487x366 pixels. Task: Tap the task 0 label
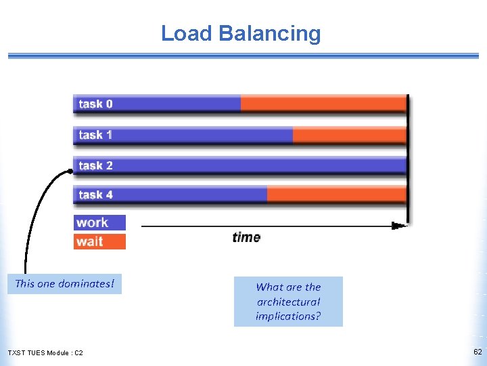tap(95, 104)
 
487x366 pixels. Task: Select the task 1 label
tap(95, 135)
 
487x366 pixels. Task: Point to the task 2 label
tap(95, 165)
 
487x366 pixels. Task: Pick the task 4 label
tap(95, 195)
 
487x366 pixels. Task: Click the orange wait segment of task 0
tap(323, 104)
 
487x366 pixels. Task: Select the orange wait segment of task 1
tap(349, 135)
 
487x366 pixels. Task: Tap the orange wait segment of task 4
tap(336, 195)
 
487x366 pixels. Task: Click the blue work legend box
tap(99, 222)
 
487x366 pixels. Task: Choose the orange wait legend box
tap(99, 241)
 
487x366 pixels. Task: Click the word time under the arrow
tap(246, 237)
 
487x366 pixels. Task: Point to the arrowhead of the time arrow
tap(402, 225)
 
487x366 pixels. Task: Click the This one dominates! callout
tap(65, 283)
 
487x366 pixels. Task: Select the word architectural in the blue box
tap(288, 302)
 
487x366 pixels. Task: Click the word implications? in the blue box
tap(288, 316)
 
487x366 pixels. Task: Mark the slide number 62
tap(478, 352)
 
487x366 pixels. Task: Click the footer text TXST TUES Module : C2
tap(45, 353)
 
